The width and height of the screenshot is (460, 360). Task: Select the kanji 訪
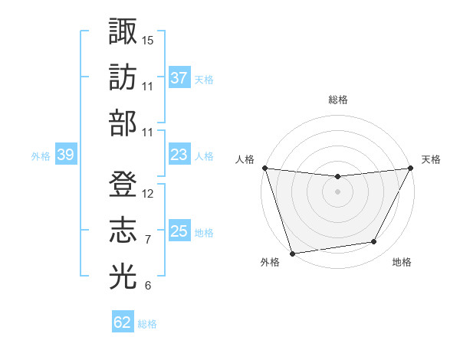point(123,77)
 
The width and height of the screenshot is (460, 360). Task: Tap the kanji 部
point(123,123)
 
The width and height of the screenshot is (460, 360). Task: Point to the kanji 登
point(123,185)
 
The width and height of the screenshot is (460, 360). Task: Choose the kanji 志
point(123,231)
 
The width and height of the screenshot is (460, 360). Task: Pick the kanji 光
point(123,277)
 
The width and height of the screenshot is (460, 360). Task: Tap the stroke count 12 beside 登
point(148,194)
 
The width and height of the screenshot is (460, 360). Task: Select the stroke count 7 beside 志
point(148,240)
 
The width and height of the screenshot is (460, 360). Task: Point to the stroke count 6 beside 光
point(148,286)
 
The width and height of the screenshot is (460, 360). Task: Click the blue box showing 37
point(179,77)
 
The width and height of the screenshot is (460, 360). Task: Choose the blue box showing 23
point(179,155)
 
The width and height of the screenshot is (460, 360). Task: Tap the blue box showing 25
point(179,231)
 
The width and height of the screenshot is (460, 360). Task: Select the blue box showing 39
point(65,155)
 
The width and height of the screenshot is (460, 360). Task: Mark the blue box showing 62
point(123,322)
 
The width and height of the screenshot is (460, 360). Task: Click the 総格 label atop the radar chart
point(337,100)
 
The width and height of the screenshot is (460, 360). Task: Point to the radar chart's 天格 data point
point(412,169)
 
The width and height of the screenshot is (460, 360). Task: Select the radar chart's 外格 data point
point(292,253)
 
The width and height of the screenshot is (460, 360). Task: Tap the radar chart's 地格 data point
point(374,242)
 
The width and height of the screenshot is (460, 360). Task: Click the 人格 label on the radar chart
point(246,159)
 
